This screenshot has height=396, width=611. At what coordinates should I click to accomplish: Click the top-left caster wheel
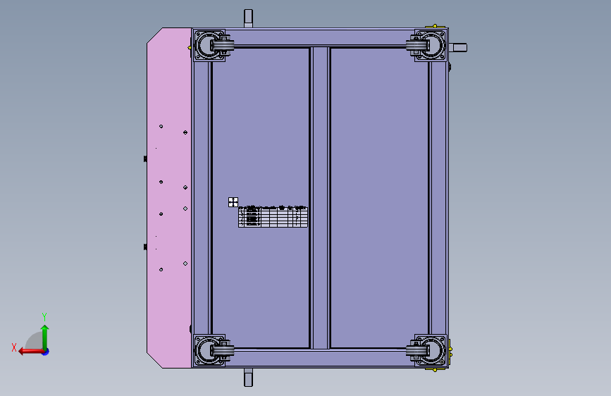[x=211, y=47]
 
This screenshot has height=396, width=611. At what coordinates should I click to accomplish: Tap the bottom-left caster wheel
[x=211, y=350]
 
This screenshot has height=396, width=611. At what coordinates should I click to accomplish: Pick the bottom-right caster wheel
[x=428, y=350]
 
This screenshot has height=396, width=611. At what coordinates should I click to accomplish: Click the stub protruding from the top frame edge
[x=248, y=18]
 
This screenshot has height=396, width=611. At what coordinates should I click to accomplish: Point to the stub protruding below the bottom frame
[x=248, y=378]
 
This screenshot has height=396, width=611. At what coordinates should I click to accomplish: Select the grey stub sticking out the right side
[x=458, y=48]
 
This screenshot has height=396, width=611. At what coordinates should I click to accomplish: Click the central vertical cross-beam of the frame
[x=320, y=197]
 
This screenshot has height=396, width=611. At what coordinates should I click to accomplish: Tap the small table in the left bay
[x=273, y=216]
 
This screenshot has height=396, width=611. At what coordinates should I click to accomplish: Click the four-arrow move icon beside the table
[x=233, y=202]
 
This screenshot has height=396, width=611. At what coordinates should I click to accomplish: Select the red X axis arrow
[x=28, y=351]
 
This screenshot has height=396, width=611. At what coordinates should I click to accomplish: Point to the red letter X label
[x=14, y=347]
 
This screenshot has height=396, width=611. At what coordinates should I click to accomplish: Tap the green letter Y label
[x=44, y=316]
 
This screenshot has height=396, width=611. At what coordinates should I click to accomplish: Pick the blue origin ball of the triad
[x=45, y=351]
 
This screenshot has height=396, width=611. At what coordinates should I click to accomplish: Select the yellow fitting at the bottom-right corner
[x=450, y=350]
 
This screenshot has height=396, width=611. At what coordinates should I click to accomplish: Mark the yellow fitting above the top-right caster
[x=437, y=27]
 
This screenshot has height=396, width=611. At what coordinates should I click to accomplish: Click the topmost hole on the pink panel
[x=161, y=126]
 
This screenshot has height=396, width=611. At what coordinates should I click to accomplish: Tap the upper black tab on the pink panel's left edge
[x=145, y=159]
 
